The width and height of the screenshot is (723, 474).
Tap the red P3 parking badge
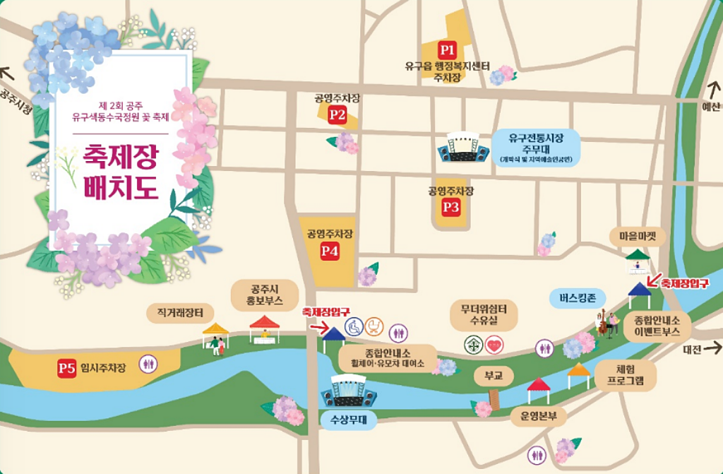point(451,207)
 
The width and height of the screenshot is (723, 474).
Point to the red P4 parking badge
point(330,250)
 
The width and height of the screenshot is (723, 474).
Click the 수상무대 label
point(348,420)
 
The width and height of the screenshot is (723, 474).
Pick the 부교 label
point(494,377)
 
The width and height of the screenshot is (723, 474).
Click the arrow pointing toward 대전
point(712,348)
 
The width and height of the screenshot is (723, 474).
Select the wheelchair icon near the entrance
point(354,327)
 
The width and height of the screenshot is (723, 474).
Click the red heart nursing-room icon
point(494,344)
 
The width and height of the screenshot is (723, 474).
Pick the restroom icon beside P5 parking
point(150,365)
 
